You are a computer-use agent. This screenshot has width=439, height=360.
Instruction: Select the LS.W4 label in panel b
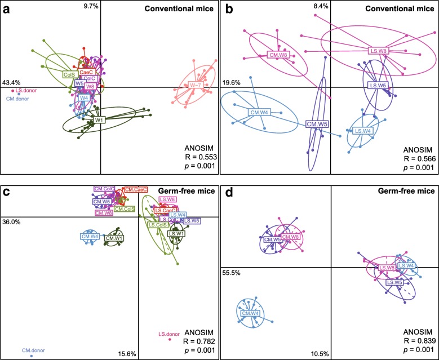pyautogui.click(x=363, y=131)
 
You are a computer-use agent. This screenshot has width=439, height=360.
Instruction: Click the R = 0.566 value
pyautogui.click(x=418, y=159)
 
